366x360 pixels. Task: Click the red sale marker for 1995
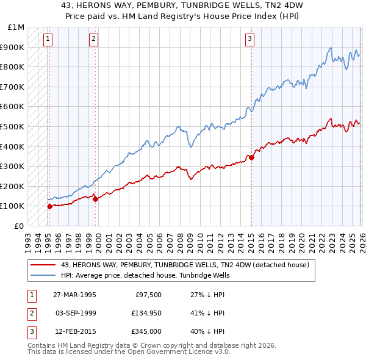pyautogui.click(x=49, y=206)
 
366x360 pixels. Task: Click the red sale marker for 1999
pyautogui.click(x=95, y=199)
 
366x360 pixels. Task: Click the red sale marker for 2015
pyautogui.click(x=251, y=157)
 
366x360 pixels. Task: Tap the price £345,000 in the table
pyautogui.click(x=145, y=333)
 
